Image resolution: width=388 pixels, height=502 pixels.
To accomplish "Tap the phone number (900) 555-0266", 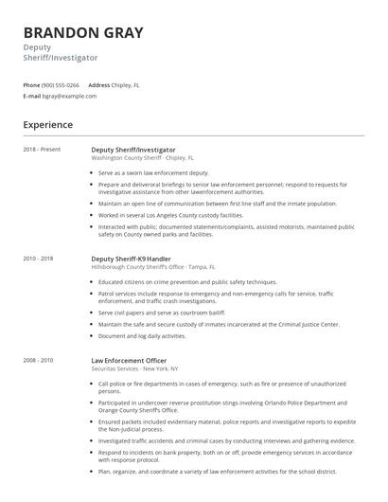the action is [x=62, y=85].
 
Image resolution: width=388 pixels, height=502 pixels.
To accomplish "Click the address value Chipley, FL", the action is [x=132, y=85].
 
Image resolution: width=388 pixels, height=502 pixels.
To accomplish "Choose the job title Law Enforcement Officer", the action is [x=129, y=360].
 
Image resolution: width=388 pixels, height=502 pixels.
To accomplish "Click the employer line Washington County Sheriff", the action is [x=142, y=158].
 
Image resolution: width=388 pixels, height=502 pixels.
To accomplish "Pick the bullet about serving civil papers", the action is [x=167, y=313].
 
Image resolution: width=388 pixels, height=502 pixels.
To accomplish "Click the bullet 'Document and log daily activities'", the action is [x=142, y=335].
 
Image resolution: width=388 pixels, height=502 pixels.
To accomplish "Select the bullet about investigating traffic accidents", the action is [x=226, y=440].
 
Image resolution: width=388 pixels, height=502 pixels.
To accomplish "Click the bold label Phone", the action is [x=31, y=85].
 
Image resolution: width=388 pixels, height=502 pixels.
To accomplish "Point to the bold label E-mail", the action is [x=32, y=96].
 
